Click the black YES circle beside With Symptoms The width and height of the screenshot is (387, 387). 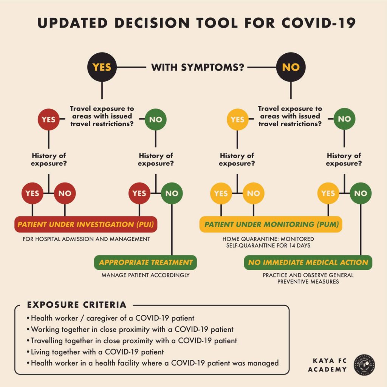click(x=102, y=67)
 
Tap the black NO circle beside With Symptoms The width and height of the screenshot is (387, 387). click(x=291, y=67)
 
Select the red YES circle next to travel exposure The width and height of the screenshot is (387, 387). click(x=49, y=119)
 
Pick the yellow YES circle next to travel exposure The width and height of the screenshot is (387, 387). click(x=237, y=119)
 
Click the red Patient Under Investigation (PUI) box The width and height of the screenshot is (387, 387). click(x=86, y=224)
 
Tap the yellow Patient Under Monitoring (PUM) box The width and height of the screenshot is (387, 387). click(x=271, y=224)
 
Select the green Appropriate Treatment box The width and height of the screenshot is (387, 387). click(x=146, y=262)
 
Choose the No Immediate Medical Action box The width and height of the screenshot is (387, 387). click(x=308, y=262)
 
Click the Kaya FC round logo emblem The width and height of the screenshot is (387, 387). click(x=364, y=365)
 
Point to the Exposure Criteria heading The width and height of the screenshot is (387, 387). click(x=77, y=305)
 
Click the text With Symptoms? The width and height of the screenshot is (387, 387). click(x=198, y=67)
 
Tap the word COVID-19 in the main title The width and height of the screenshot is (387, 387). click(x=318, y=23)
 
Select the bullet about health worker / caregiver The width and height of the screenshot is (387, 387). click(x=110, y=318)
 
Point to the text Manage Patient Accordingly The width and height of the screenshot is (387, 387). click(x=146, y=275)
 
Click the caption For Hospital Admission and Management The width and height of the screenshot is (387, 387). click(x=87, y=239)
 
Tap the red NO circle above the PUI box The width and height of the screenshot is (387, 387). click(x=65, y=193)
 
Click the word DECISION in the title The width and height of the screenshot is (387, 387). click(x=152, y=23)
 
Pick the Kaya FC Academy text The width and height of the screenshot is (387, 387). click(x=327, y=365)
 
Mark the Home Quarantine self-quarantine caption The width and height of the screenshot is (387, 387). click(x=268, y=242)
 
